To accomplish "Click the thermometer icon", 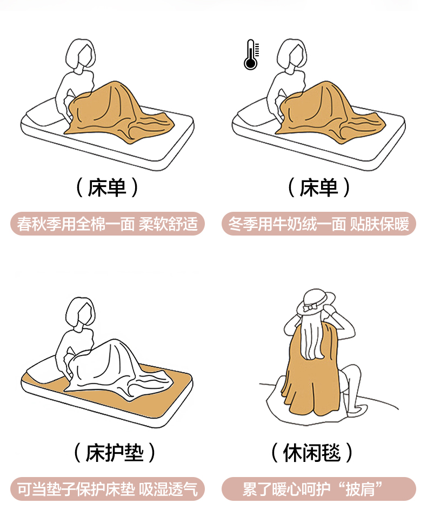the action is coord(251,55).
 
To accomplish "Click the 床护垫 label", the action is coord(115,452).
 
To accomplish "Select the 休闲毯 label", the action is coord(312,452).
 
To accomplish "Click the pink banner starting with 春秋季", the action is coord(108,224).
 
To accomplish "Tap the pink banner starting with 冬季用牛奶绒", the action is coord(319,224).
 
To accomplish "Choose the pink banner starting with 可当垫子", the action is coord(108,489).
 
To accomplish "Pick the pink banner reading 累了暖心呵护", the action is coord(319,489).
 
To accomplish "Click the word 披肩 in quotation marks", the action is coord(361,489).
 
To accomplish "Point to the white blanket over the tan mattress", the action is coord(117,371).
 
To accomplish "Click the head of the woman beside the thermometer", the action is coord(292,55).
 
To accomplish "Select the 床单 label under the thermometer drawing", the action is coord(318,187).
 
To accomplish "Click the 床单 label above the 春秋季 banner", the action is coord(107,187).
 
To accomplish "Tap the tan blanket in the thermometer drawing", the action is coord(329,112).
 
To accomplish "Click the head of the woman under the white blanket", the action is coord(81,313).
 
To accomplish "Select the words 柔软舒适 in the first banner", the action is coord(169,224).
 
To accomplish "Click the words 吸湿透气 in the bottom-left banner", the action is coord(169,489).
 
